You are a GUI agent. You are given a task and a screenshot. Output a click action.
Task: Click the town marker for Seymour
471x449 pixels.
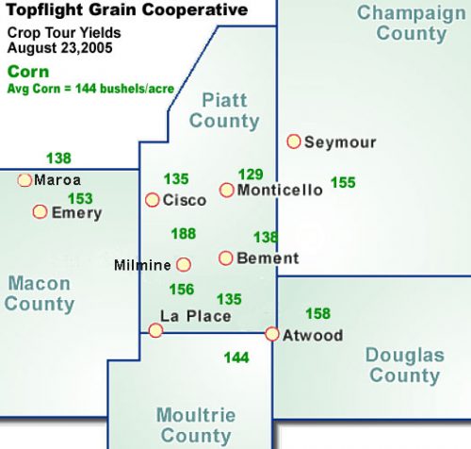point(294,141)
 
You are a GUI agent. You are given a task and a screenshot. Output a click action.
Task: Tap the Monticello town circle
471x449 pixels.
point(226,190)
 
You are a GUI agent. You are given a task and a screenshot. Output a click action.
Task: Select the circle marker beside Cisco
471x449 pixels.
point(152,199)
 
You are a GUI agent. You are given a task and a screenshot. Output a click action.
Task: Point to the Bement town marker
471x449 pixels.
point(226,258)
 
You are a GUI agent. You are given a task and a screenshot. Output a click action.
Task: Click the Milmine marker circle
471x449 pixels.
point(184,265)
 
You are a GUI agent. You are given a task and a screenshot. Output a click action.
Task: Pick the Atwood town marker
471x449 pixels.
point(272,334)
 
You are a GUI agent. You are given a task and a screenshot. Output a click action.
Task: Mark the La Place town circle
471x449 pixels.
point(155,330)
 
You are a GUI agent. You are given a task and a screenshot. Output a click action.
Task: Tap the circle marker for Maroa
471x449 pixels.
point(24,179)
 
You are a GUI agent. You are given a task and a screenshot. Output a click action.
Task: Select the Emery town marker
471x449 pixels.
point(40,212)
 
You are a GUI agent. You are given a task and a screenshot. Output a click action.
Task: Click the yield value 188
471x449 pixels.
point(184,234)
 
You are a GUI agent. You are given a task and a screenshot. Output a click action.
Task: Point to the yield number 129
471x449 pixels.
point(251,174)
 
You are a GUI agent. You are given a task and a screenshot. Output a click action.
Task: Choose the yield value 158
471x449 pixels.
point(318,314)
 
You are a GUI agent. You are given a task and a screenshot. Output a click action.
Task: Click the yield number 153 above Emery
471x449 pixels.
point(81,198)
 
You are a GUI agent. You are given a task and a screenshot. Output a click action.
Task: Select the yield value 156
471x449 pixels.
point(182,290)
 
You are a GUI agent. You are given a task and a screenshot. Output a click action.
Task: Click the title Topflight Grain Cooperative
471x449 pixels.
point(127,10)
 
